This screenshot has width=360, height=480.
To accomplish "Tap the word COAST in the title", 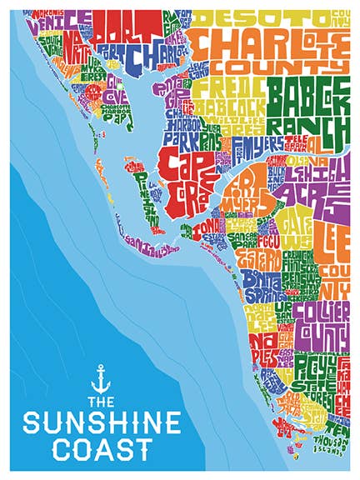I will tap(101, 449).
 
